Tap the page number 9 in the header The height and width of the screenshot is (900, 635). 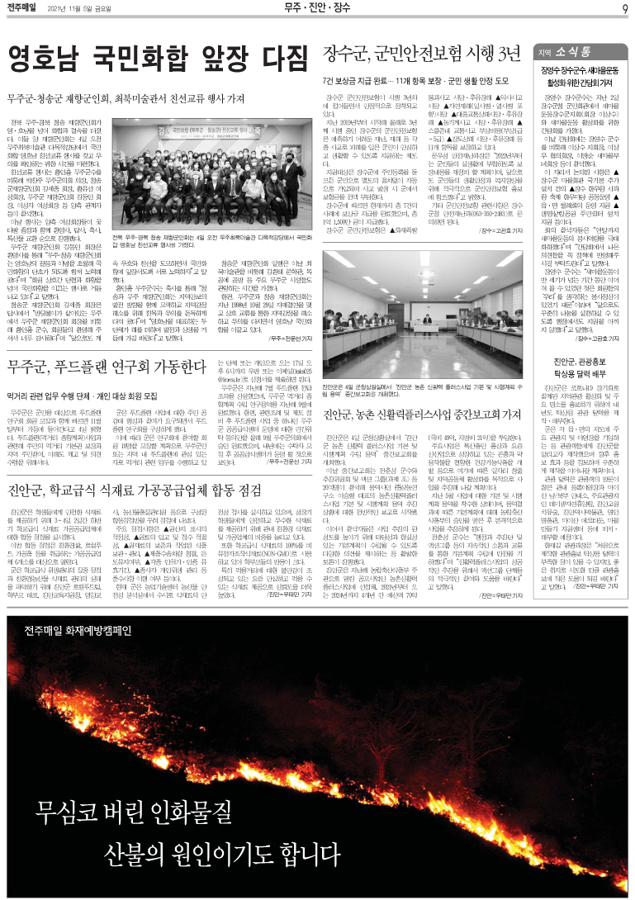click(x=625, y=9)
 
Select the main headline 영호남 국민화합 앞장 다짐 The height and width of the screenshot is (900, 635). click(x=157, y=58)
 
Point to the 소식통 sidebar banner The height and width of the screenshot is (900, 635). click(x=579, y=50)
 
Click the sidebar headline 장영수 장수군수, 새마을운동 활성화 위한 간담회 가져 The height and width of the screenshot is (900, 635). click(x=577, y=77)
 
